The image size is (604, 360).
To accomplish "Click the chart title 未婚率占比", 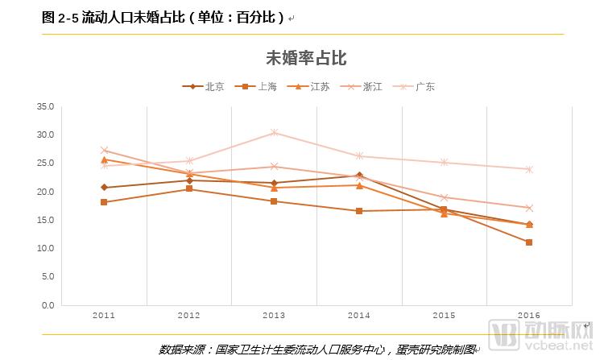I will click(306, 58).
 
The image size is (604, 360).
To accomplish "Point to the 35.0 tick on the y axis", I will click(45, 106).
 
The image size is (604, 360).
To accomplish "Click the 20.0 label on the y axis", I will click(45, 192).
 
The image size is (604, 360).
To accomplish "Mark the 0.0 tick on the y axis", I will click(48, 305).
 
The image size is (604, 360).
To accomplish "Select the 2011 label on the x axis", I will click(104, 316).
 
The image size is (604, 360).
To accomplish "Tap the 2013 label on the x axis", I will click(274, 316).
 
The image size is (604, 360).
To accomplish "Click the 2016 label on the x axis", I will click(529, 316).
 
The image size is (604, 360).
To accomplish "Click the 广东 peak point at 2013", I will click(274, 132).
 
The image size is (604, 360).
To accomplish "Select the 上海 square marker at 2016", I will click(529, 242).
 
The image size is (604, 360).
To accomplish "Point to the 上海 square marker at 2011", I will click(104, 202).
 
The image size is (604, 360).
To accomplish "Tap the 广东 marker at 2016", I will click(529, 169).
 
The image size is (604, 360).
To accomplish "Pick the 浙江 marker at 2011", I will click(104, 150).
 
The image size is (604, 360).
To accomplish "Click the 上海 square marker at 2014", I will click(359, 211).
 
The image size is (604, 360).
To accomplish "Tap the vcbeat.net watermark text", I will click(561, 349).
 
